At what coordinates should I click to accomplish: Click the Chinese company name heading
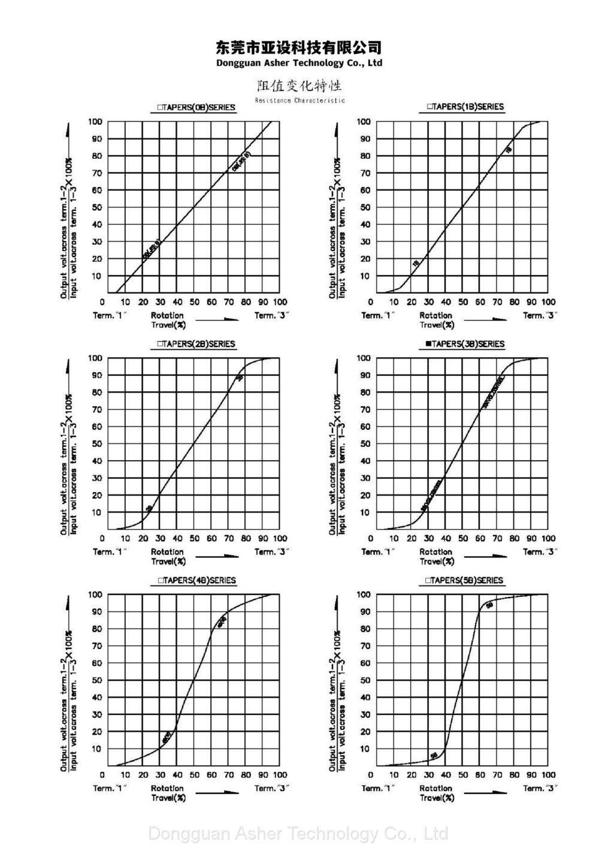[x=298, y=47]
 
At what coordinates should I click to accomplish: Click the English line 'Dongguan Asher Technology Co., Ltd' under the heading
[x=299, y=63]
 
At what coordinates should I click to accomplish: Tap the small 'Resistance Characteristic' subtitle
[x=299, y=101]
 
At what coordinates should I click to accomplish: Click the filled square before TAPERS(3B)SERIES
[x=428, y=344]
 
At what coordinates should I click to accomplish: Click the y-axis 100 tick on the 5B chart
[x=364, y=594]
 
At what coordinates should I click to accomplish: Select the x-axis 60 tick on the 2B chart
[x=212, y=539]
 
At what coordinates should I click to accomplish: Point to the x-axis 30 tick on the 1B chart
[x=428, y=302]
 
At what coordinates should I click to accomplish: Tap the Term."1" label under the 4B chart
[x=110, y=788]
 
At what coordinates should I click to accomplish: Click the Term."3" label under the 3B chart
[x=540, y=551]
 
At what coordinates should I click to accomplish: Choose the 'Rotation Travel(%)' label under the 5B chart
[x=436, y=793]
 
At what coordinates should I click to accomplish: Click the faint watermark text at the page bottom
[x=298, y=833]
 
